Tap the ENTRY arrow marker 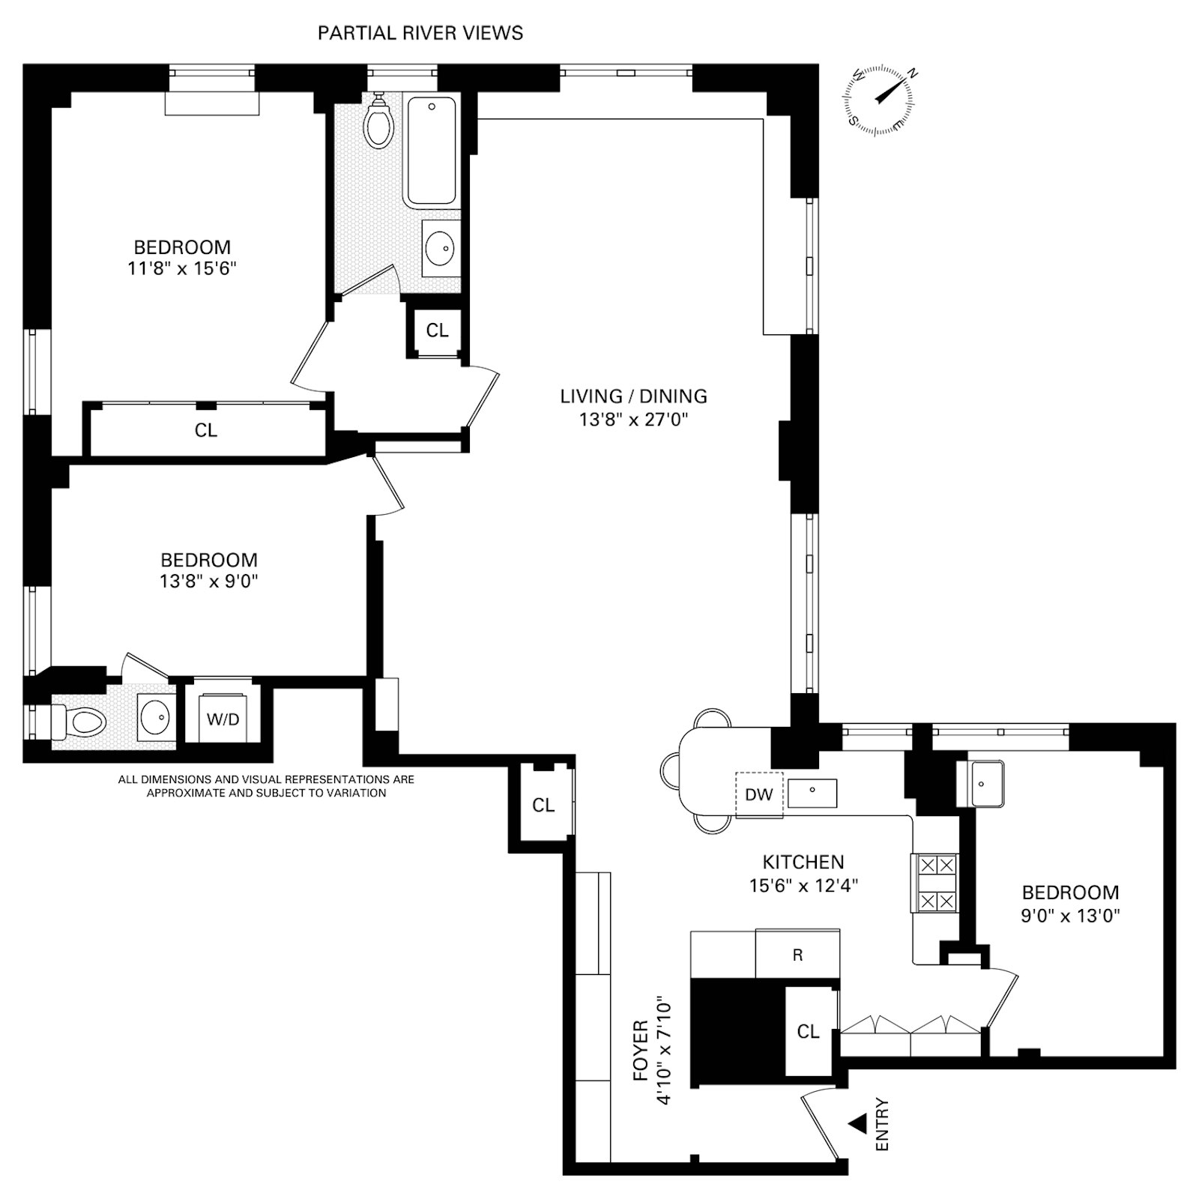[x=858, y=1123]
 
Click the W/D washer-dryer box [x=223, y=719]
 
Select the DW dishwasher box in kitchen [x=758, y=794]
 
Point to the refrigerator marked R [x=797, y=955]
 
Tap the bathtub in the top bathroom [x=431, y=151]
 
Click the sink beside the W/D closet [x=157, y=718]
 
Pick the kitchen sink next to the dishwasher [x=812, y=793]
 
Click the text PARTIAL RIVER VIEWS [x=420, y=33]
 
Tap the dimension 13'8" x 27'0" [x=633, y=420]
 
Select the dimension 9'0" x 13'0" [x=1070, y=915]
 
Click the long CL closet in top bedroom [x=206, y=430]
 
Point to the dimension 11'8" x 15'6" [x=182, y=268]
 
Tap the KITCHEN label [x=803, y=862]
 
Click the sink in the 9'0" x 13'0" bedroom [x=987, y=784]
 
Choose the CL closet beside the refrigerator [x=808, y=1032]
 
